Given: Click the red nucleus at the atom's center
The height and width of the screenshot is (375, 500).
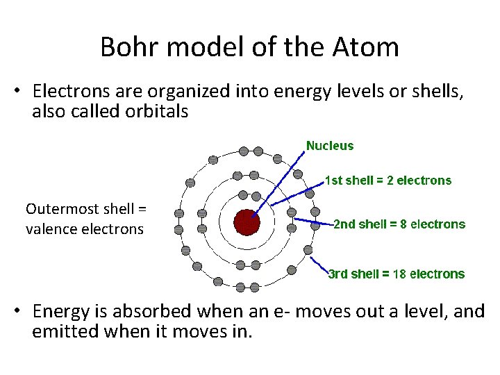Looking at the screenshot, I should (x=247, y=222).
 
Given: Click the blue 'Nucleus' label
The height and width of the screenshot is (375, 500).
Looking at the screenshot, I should (x=330, y=146).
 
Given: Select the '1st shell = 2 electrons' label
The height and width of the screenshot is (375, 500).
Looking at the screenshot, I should (x=388, y=181).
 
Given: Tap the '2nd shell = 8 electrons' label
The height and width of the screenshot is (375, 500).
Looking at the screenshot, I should (x=399, y=224).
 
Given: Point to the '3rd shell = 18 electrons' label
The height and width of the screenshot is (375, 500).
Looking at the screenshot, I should (x=396, y=274).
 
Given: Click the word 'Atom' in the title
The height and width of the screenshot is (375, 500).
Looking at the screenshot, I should (x=374, y=47).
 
